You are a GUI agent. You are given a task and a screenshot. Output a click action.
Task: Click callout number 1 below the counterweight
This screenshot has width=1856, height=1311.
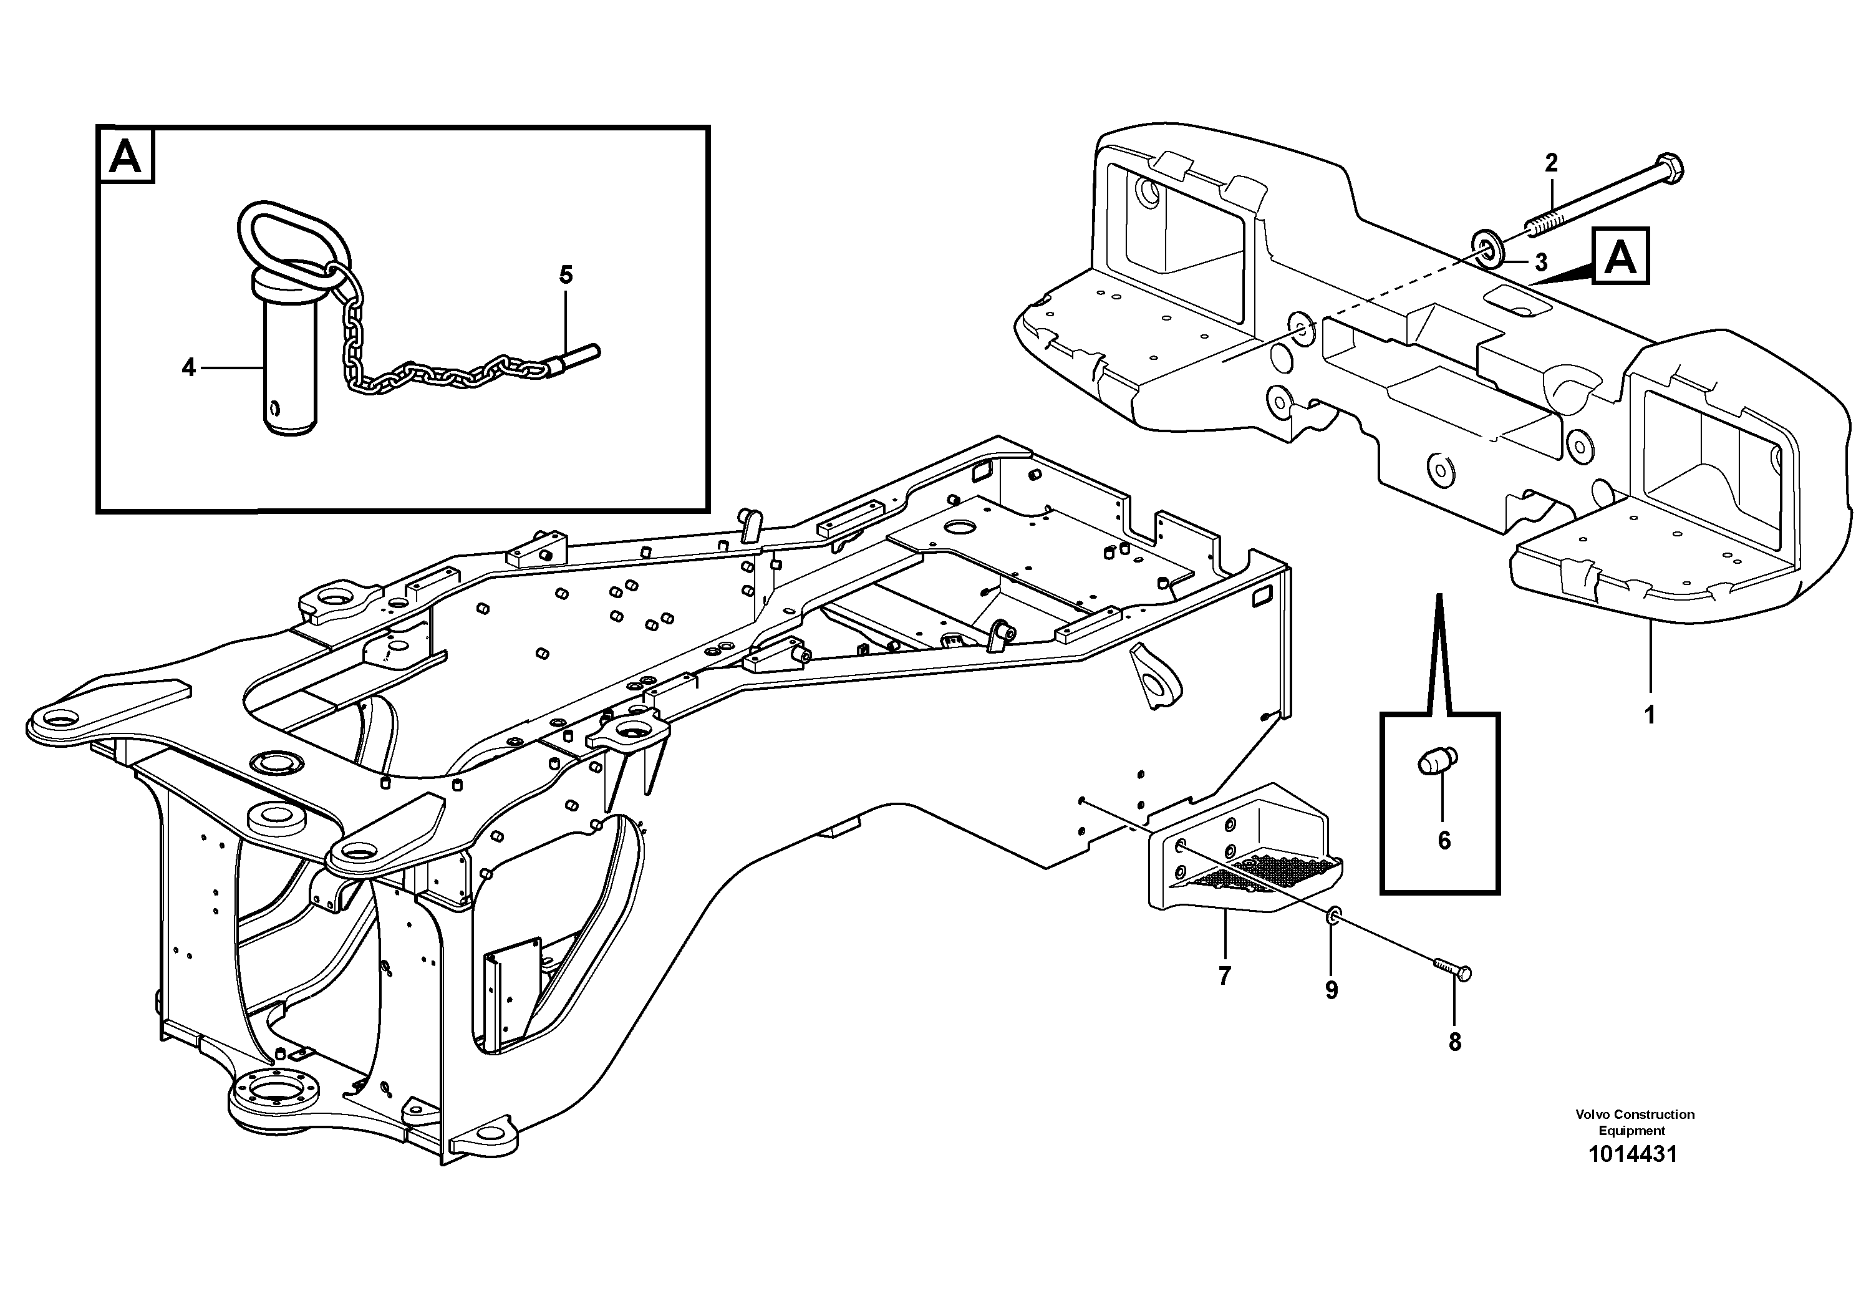click(x=1650, y=715)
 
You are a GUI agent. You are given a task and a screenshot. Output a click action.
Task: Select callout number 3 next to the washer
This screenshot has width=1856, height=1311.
click(x=1540, y=263)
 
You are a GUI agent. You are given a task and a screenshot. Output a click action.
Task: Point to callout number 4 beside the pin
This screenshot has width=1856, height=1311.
click(x=188, y=369)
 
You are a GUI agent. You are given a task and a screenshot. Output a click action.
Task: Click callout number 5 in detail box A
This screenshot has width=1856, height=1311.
click(x=566, y=275)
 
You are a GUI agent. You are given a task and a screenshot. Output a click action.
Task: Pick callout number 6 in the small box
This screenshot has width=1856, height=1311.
click(x=1444, y=841)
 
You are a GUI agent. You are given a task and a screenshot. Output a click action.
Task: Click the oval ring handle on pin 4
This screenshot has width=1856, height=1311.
click(x=287, y=234)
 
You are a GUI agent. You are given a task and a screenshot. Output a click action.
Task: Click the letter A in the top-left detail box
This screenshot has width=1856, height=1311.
click(x=125, y=156)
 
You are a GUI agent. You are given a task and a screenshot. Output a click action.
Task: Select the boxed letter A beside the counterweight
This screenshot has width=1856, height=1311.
click(x=1620, y=257)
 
